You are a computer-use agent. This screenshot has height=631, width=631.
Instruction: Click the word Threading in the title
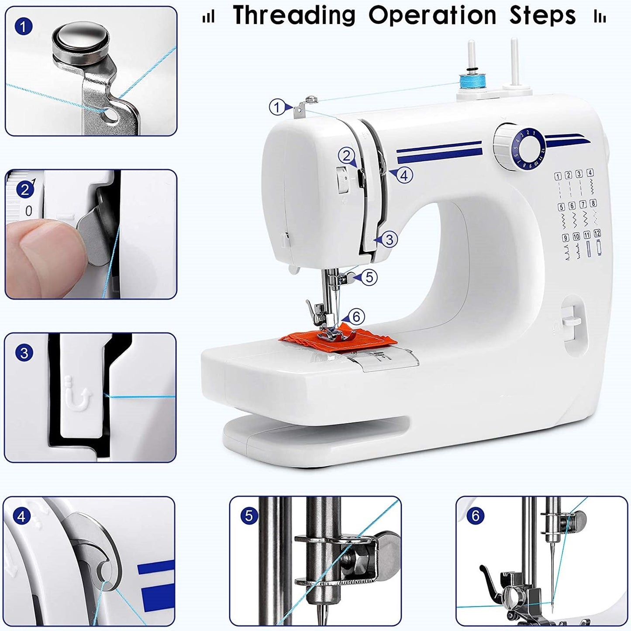[294, 16]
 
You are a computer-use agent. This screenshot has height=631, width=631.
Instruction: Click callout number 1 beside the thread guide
[277, 107]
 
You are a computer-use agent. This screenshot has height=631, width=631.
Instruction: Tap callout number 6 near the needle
[356, 317]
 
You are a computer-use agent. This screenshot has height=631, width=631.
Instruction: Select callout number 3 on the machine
[389, 239]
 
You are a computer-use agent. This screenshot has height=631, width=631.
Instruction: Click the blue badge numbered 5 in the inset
[248, 516]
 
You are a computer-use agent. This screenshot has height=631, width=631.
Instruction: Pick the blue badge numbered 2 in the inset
[24, 190]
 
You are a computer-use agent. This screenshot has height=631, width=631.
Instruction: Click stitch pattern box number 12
[597, 234]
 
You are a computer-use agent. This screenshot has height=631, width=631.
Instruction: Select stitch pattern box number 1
[558, 176]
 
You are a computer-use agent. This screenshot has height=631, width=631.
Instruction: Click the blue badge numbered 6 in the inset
[476, 516]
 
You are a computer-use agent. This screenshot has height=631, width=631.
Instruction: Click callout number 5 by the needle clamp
[369, 277]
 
